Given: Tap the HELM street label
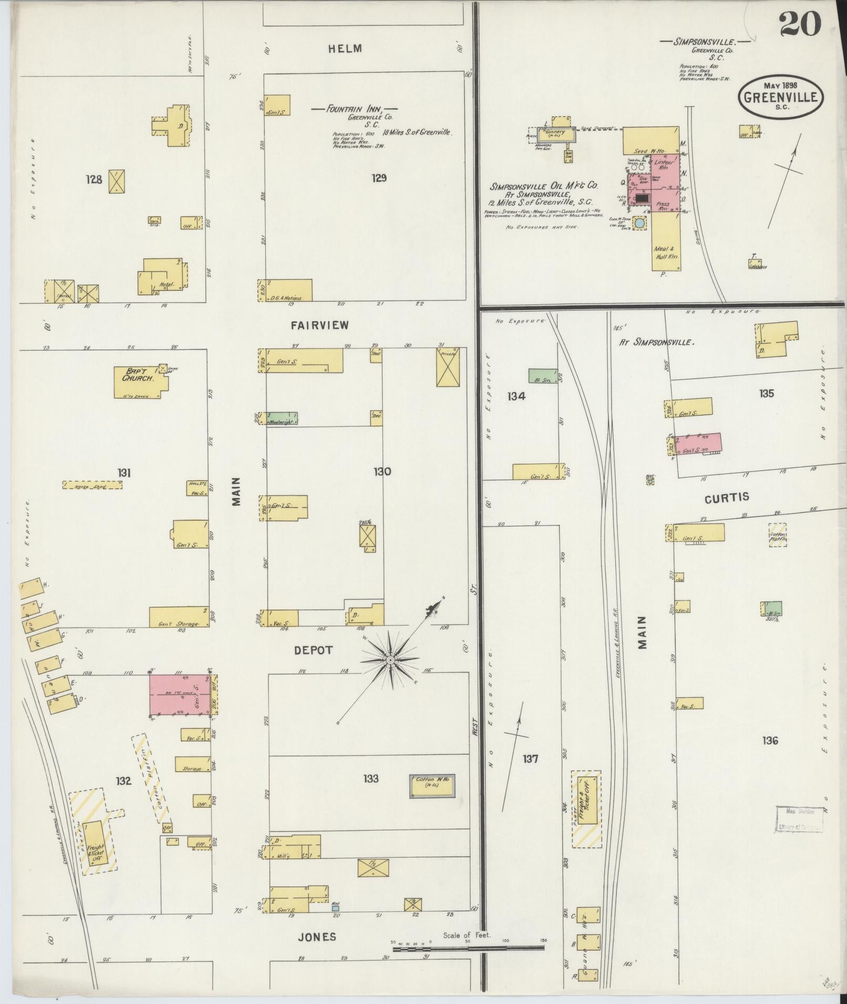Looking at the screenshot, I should tap(345, 49).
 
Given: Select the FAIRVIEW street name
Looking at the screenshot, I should tap(320, 325).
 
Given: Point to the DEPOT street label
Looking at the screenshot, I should tap(313, 650).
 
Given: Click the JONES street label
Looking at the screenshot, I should tap(317, 936).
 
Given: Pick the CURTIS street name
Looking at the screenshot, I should tap(727, 498).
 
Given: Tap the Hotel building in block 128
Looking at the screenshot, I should tap(162, 277).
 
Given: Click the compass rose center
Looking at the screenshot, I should tap(391, 659).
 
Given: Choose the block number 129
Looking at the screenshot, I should tap(379, 178).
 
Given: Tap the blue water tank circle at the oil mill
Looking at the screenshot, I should tap(640, 223).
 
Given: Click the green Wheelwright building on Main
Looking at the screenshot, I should tap(280, 418).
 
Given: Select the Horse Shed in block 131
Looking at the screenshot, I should tap(92, 485).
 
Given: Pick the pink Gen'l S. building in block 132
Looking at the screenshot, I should tap(179, 694).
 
